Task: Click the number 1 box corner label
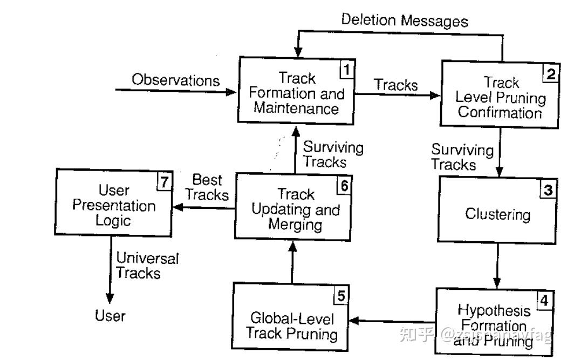click(x=347, y=70)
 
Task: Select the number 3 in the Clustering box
click(x=548, y=190)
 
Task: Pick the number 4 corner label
click(x=544, y=300)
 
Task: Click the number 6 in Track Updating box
click(x=344, y=185)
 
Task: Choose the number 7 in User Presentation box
click(x=163, y=182)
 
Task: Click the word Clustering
click(x=497, y=214)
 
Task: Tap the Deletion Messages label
click(x=405, y=21)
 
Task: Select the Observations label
click(x=176, y=80)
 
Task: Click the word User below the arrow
click(x=110, y=316)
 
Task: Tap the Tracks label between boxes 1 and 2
click(x=396, y=85)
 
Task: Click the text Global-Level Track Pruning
click(x=291, y=325)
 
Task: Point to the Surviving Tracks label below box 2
click(x=462, y=157)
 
